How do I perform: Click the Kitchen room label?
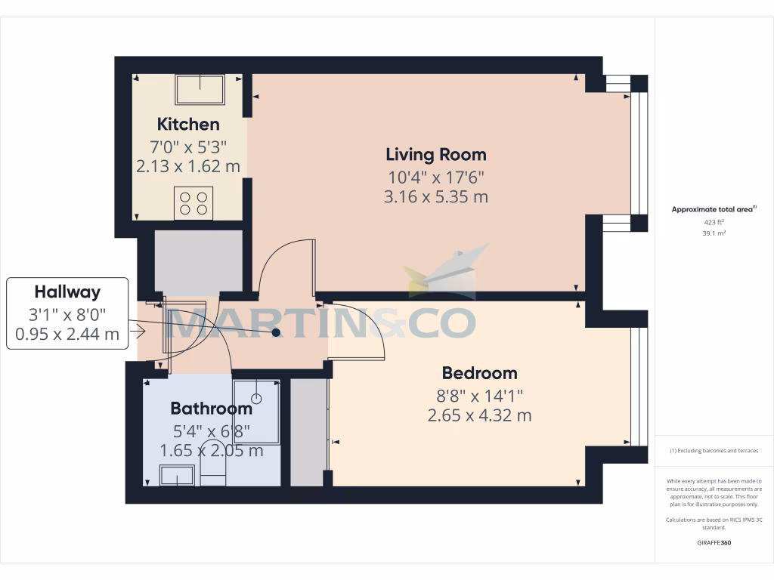click(x=188, y=125)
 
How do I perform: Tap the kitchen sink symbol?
click(x=200, y=90)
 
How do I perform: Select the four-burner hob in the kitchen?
click(x=193, y=203)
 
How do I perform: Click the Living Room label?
click(x=436, y=155)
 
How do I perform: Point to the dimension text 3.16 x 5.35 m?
click(x=436, y=197)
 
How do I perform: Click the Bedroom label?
click(x=479, y=373)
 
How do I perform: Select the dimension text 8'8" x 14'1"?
click(x=479, y=394)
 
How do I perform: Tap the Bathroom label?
click(x=211, y=409)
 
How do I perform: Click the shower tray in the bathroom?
click(x=257, y=400)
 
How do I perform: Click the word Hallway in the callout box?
click(x=67, y=292)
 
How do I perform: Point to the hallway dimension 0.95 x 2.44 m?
click(x=67, y=334)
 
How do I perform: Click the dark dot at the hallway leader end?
click(x=276, y=332)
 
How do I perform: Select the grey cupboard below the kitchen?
click(x=198, y=260)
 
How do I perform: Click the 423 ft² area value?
click(x=714, y=222)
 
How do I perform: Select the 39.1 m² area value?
click(x=714, y=233)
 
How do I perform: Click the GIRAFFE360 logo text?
click(x=714, y=543)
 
